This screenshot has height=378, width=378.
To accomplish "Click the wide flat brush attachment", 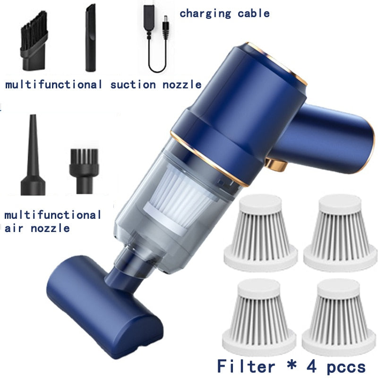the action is coord(34,41).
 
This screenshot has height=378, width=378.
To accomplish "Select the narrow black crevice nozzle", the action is coord(91,38).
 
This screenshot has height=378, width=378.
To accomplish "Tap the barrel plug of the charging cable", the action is coord(165,27).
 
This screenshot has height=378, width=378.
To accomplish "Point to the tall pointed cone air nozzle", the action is coord(33,155).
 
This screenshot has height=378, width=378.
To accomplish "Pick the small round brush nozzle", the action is coord(84,171).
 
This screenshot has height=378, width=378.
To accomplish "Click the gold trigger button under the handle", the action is coord(276,164).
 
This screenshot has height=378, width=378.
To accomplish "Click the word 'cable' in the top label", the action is coord(253,14).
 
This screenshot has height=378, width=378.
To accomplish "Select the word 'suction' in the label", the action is coord(133,85).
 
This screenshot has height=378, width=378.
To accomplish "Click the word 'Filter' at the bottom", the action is coord(246,366).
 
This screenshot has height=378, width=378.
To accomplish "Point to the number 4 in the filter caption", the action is coord(311,366).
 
